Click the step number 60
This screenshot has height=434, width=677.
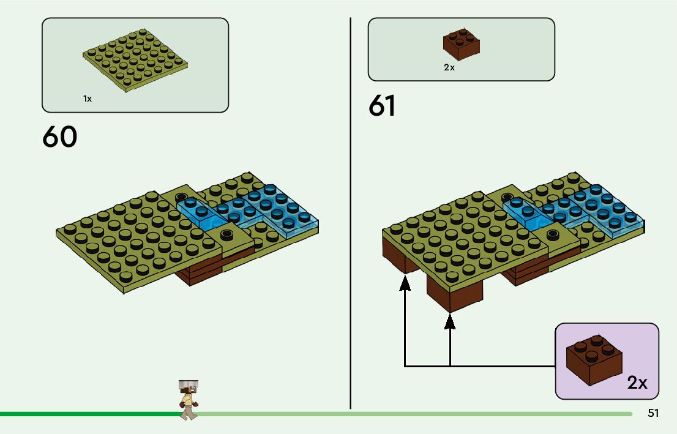60,137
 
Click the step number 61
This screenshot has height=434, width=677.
382,107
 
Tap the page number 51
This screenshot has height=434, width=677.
653,414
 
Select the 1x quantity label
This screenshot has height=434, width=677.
88,99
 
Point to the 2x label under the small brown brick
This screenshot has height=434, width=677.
449,67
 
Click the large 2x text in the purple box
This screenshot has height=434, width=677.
637,383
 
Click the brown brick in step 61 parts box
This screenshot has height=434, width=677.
461,44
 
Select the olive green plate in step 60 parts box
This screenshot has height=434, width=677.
135,60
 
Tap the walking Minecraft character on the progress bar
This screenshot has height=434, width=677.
189,400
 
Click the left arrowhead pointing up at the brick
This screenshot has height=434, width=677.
405,282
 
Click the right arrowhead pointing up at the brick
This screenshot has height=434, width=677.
450,319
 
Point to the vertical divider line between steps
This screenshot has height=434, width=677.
350,214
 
